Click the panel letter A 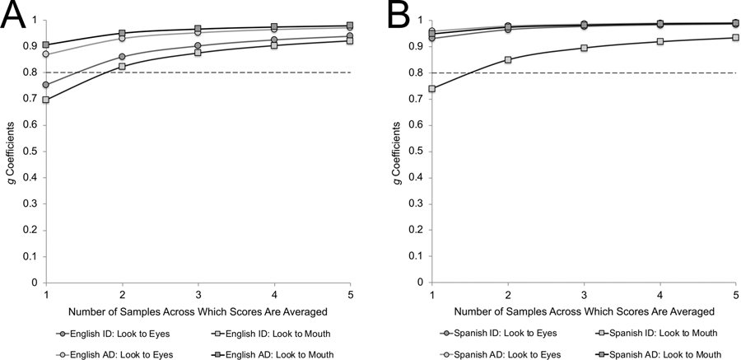[16, 17]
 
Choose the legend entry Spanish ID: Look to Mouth [659, 333]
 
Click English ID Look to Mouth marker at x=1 [46, 100]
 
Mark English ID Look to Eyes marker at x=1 [46, 85]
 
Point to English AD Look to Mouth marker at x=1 [46, 44]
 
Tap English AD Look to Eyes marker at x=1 [46, 54]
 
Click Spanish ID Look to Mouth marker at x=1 [432, 88]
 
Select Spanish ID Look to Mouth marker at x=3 [584, 48]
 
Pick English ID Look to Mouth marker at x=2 [122, 66]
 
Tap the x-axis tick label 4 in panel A [274, 295]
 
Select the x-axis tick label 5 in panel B [735, 295]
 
